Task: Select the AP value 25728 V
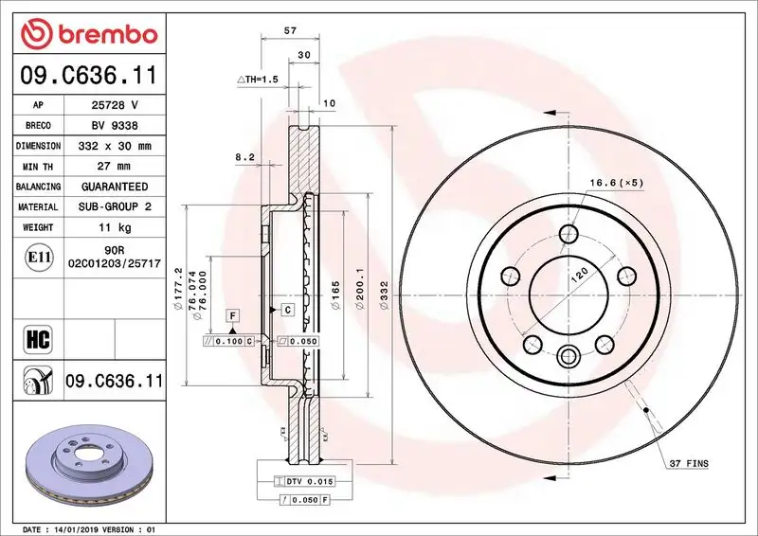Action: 114,105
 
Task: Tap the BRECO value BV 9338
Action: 114,126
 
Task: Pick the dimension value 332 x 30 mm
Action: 114,147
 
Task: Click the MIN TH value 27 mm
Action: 114,167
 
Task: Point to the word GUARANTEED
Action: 114,188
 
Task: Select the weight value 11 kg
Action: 114,228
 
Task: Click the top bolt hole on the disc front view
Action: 568,235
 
